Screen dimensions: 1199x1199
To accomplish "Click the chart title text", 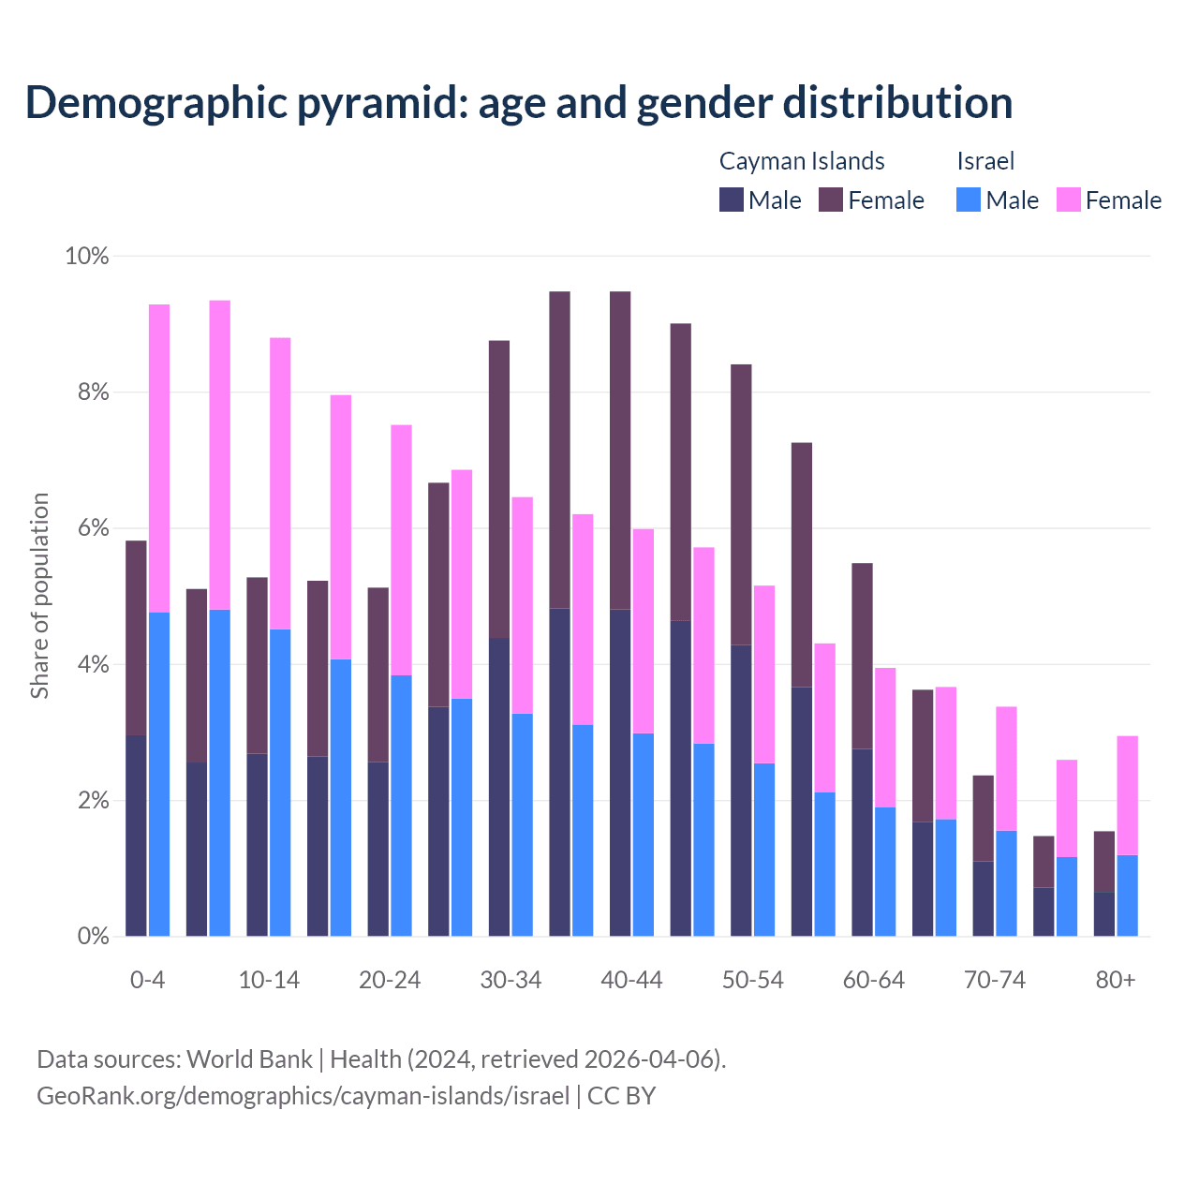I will [519, 102].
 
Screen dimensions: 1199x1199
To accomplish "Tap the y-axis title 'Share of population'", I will [39, 596].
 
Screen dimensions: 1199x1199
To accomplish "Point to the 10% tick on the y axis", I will [87, 256].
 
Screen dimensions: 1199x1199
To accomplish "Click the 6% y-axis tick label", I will [87, 528].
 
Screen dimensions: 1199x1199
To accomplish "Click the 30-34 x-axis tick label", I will [511, 980].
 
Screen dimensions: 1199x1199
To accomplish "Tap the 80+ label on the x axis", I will [1116, 980].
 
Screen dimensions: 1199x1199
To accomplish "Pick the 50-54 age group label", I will [753, 980].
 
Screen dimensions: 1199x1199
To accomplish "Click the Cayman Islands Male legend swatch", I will [732, 200].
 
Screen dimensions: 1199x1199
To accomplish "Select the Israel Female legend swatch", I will [1069, 200].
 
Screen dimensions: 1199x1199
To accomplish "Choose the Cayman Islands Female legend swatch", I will [831, 200].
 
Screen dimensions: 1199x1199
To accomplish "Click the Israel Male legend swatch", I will [969, 200].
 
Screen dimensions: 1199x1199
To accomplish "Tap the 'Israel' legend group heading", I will [985, 161].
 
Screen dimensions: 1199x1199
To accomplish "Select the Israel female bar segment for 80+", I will [1128, 795].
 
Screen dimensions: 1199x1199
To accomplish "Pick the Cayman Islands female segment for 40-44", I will [620, 451].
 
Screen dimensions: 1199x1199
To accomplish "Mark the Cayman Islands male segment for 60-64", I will [862, 842].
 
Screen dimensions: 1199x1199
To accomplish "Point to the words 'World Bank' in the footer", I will [249, 1059].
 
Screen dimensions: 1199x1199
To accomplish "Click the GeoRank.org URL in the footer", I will [303, 1095].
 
